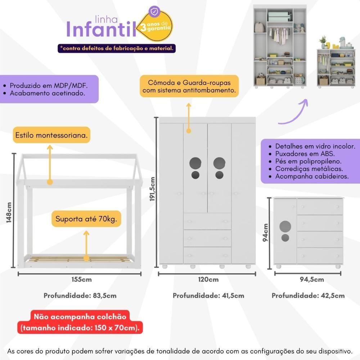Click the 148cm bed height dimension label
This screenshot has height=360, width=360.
point(10,212)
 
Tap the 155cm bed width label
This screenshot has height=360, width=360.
point(80,280)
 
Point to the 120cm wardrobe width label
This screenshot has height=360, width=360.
point(208,280)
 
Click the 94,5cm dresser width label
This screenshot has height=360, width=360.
point(311,280)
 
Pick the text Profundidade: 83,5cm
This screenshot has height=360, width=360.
point(80,296)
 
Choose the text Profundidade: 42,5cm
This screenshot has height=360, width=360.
point(308,296)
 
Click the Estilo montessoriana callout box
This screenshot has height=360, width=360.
point(51,136)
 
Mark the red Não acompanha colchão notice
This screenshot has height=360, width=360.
point(80,323)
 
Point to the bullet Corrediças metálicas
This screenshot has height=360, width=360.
point(309,169)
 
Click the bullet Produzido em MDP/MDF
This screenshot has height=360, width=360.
point(49,86)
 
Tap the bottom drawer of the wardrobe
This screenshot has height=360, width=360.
point(207,255)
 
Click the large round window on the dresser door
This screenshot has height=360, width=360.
point(285,226)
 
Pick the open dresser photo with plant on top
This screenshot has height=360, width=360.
point(337,63)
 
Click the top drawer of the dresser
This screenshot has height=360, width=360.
point(320,207)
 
